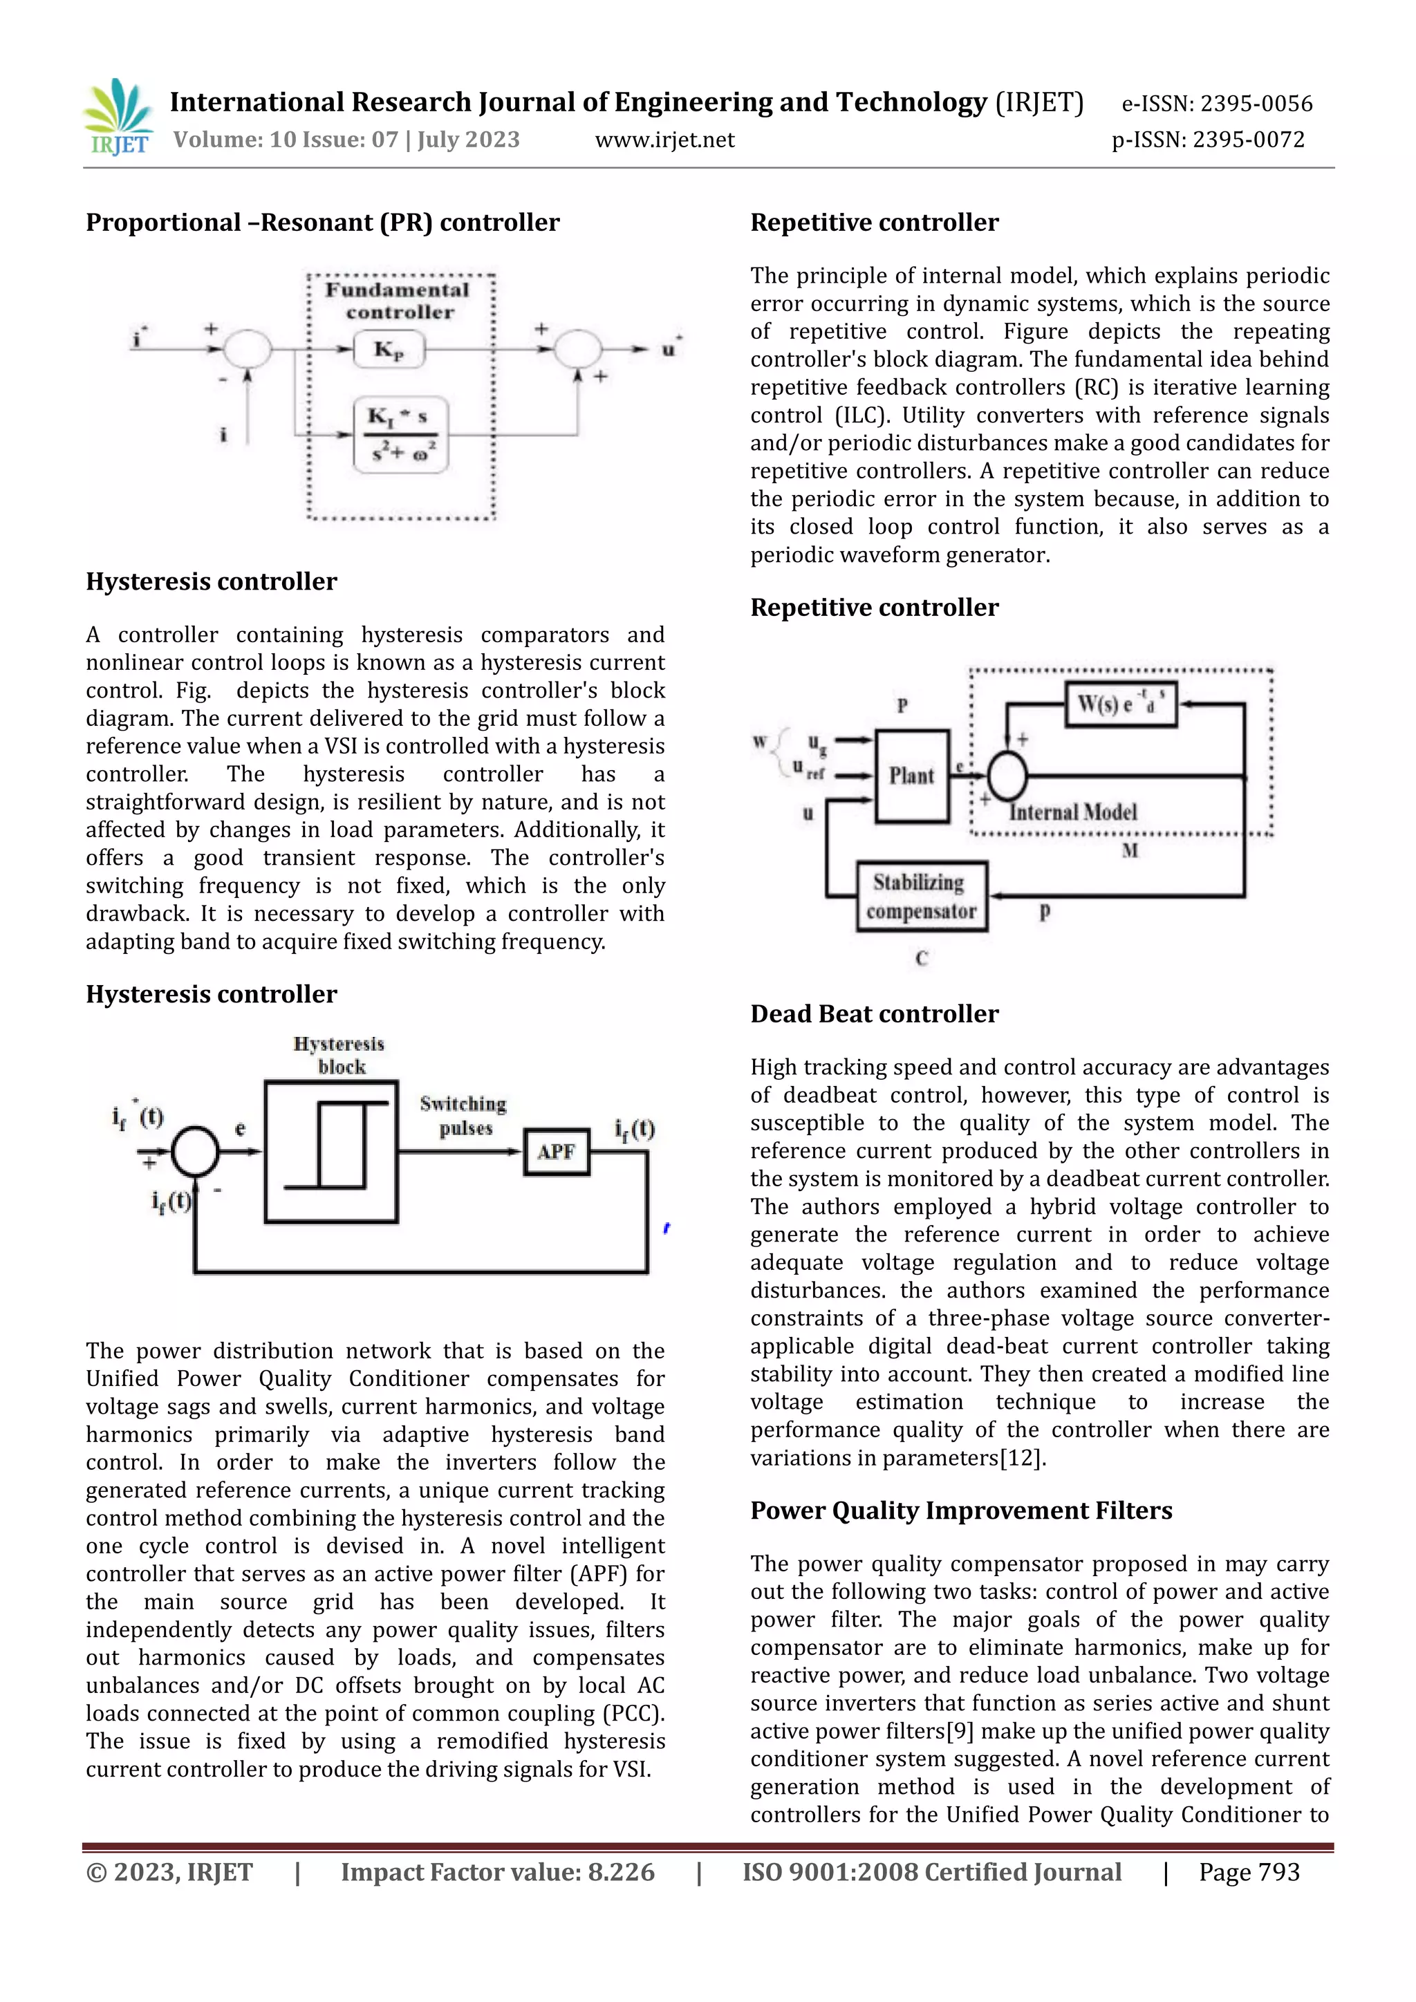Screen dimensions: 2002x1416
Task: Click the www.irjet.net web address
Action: tap(664, 140)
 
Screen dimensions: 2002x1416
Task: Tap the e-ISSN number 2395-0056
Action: tap(1256, 104)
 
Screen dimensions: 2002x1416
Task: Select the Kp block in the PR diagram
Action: tap(389, 350)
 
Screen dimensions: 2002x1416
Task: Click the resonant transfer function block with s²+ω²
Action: tap(400, 434)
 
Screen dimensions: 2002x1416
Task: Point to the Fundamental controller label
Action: tap(398, 301)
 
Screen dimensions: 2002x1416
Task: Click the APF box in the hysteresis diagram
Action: tap(557, 1152)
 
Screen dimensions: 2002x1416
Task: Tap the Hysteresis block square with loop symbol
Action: tap(331, 1152)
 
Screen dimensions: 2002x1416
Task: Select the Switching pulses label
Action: tap(463, 1115)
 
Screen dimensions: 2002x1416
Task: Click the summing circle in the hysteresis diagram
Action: tap(194, 1152)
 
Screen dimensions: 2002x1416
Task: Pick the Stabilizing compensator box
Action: tap(922, 897)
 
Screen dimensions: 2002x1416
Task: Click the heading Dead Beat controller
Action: tap(874, 1013)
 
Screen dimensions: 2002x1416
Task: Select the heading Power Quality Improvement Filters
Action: tap(961, 1510)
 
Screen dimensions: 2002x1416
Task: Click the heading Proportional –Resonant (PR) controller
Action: tap(323, 223)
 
